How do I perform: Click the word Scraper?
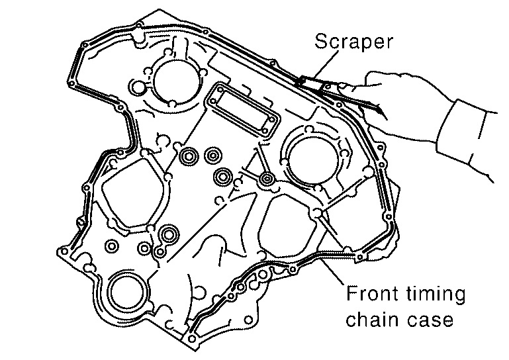coord(353,42)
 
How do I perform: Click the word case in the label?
coord(431,320)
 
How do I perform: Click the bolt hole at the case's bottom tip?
coord(193,339)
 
